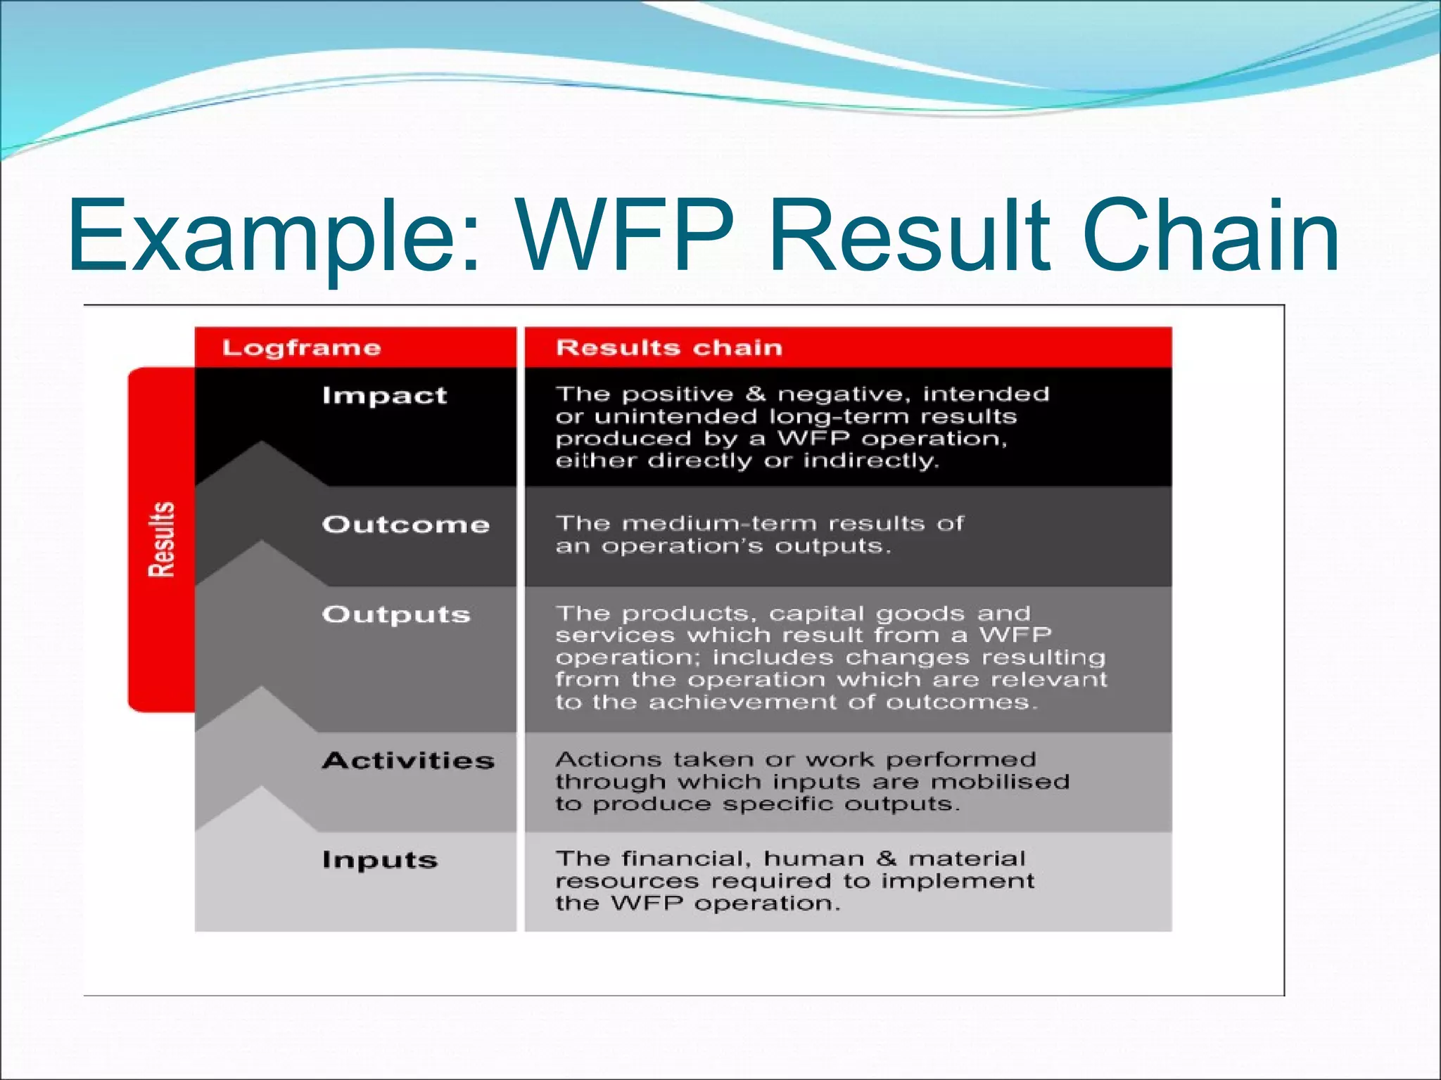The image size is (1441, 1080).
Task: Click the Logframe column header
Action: (301, 347)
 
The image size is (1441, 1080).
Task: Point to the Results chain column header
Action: (668, 347)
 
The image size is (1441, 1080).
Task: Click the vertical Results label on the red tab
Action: (161, 540)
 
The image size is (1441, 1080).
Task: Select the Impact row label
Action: (384, 395)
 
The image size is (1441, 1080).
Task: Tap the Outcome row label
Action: (405, 525)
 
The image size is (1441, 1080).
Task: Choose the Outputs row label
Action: (396, 614)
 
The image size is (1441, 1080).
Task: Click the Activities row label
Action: (408, 760)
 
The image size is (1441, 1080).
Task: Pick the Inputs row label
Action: (380, 860)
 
